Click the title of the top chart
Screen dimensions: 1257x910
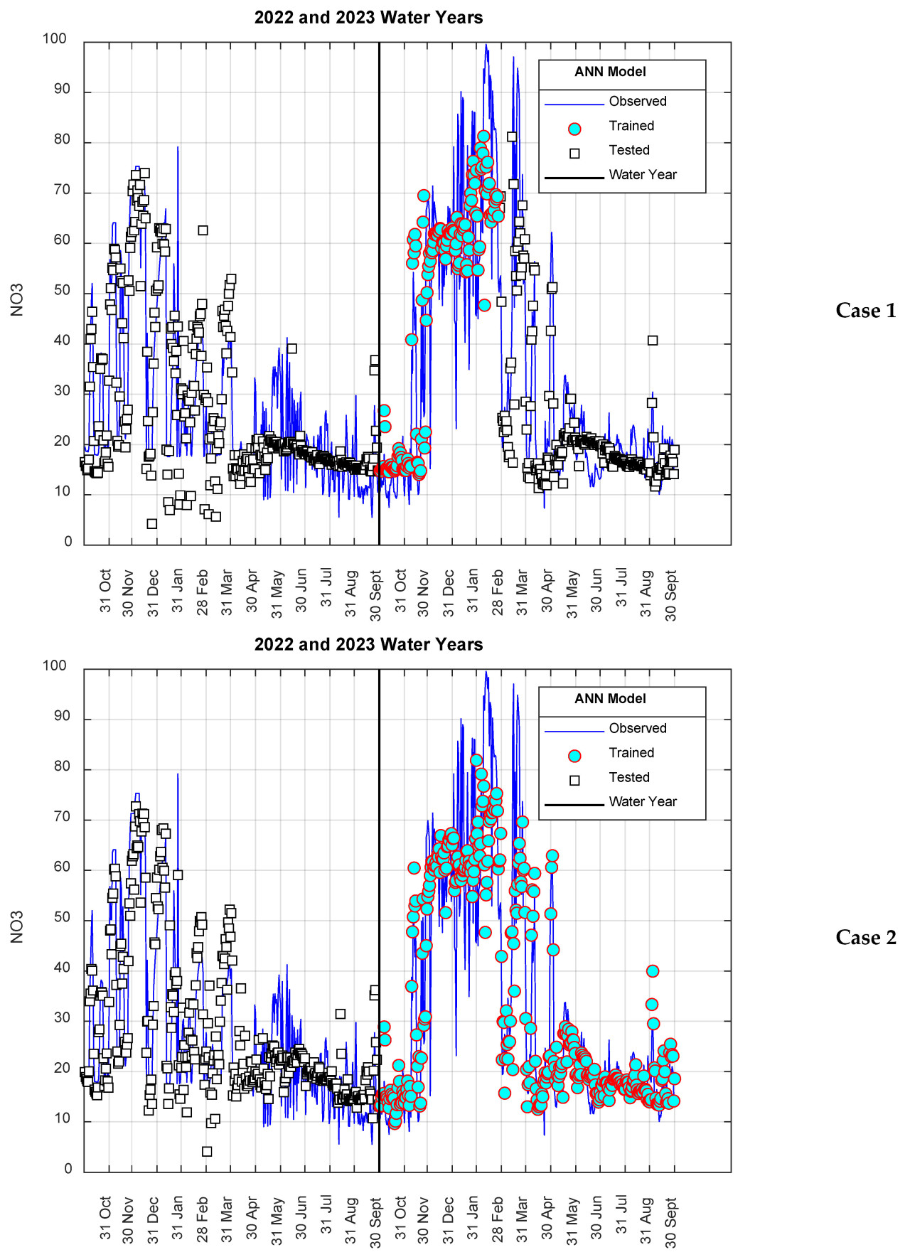(368, 18)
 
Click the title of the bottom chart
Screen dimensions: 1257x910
(368, 645)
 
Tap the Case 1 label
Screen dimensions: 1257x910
(865, 311)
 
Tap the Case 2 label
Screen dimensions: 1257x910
(865, 938)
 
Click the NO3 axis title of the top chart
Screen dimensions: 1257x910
(17, 299)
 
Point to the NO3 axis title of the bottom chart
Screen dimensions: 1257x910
(17, 926)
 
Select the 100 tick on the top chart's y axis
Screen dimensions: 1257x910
(55, 39)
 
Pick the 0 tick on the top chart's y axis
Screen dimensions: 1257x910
(68, 542)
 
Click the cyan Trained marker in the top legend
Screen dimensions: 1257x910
(574, 129)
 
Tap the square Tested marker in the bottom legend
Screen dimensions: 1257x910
(574, 780)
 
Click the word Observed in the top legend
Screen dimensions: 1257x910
(638, 102)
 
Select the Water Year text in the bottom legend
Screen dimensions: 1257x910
(643, 802)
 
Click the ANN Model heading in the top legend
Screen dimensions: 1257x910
(610, 72)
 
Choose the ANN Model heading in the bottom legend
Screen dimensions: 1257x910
(610, 699)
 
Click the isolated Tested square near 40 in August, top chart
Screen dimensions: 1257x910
(653, 341)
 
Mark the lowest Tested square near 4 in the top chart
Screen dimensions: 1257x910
(152, 524)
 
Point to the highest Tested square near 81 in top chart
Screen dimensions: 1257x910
(512, 137)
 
